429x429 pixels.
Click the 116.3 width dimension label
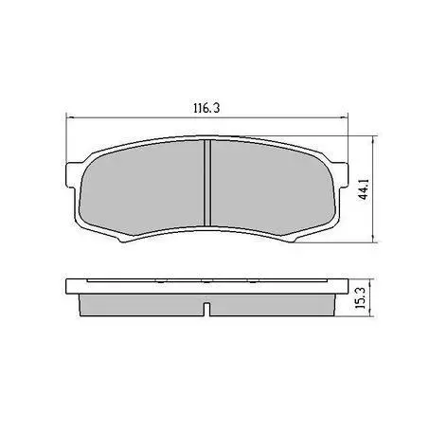click(x=206, y=108)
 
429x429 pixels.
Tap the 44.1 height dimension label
click(x=365, y=189)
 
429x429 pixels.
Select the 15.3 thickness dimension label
click(x=360, y=298)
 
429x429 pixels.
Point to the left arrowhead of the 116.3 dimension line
click(x=70, y=118)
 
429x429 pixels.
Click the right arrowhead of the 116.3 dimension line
click(x=344, y=118)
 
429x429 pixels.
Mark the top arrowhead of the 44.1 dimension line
click(x=374, y=140)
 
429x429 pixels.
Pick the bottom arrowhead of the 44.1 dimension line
click(x=374, y=239)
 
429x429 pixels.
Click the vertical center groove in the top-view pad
click(x=207, y=183)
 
